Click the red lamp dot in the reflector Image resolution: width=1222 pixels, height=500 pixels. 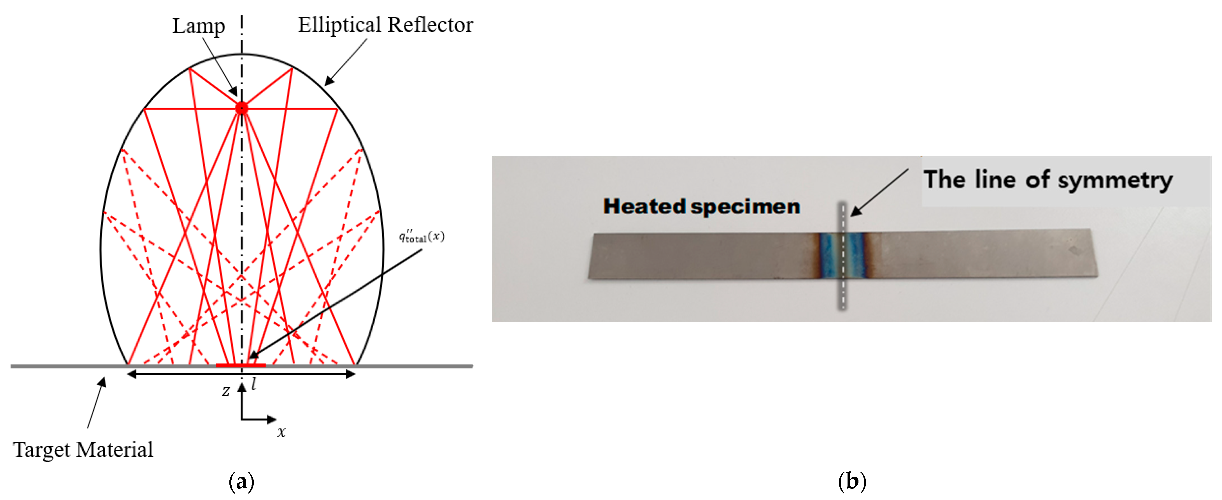click(x=241, y=108)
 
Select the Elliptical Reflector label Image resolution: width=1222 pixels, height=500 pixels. click(x=385, y=25)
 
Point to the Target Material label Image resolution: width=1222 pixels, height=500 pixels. click(x=83, y=449)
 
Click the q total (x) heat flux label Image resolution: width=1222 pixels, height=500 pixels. click(x=421, y=236)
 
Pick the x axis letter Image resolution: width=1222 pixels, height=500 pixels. click(x=281, y=432)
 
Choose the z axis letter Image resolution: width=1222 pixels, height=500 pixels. click(x=226, y=391)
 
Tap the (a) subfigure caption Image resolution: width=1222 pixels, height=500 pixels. click(x=241, y=482)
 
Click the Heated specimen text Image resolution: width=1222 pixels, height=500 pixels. click(x=701, y=207)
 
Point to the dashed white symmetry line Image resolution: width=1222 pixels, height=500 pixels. click(x=843, y=285)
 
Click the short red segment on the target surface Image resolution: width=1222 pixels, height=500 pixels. click(x=241, y=365)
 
